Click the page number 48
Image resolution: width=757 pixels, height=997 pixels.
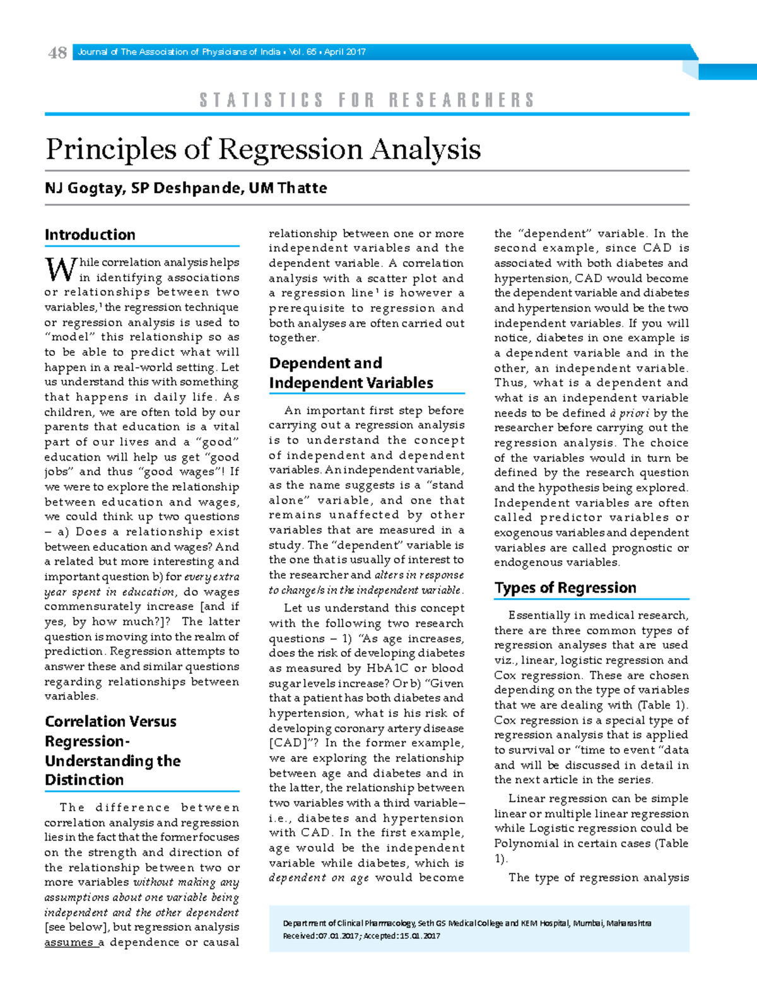[x=57, y=53]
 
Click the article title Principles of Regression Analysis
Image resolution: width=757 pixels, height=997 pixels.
[x=263, y=150]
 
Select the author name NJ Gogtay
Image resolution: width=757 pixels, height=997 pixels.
[x=83, y=188]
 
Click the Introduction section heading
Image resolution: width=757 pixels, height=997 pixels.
[x=90, y=235]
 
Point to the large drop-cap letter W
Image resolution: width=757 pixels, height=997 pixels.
[x=61, y=270]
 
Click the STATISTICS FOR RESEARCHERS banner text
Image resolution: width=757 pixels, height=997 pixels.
[x=367, y=100]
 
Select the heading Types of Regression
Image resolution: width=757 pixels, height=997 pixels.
[x=565, y=588]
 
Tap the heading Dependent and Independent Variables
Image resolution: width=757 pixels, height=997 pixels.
[x=351, y=373]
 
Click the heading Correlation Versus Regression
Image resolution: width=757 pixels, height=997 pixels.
[x=111, y=731]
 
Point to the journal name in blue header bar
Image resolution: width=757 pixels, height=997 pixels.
[x=179, y=52]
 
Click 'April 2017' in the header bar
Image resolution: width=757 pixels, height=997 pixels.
[x=345, y=52]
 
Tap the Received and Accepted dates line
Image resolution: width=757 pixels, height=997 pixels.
[x=361, y=936]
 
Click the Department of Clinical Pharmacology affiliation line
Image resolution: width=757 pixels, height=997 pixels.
[x=467, y=923]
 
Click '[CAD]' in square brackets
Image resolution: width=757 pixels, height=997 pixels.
[x=289, y=743]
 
